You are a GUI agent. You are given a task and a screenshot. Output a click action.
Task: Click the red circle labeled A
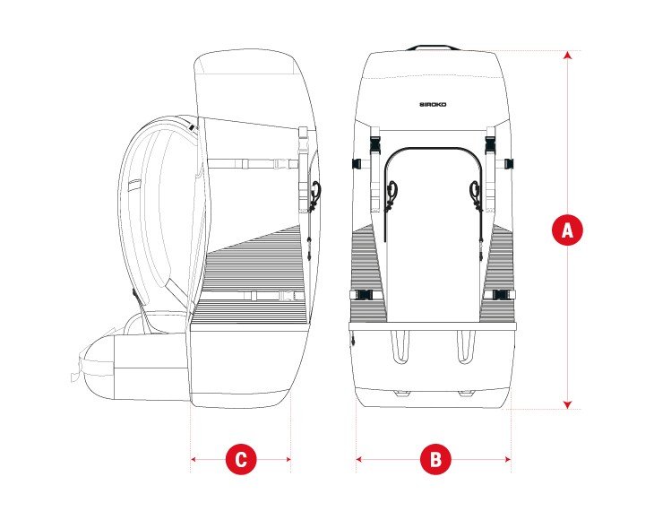pos(566,230)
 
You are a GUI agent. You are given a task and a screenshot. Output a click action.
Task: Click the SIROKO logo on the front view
pos(434,104)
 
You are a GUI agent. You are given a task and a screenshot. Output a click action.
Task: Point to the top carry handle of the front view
pos(434,47)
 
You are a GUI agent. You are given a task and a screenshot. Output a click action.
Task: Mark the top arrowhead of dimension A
pos(566,56)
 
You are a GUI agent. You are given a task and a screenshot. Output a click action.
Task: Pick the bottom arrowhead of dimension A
pos(566,404)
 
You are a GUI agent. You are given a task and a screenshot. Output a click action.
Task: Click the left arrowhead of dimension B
pos(359,459)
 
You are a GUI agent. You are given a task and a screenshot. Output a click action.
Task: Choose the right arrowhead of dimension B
pos(508,459)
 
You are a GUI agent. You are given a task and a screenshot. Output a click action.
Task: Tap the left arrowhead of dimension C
pos(194,459)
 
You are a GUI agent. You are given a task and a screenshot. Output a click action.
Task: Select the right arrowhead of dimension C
pos(288,459)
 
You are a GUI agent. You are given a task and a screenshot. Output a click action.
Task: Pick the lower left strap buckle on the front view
pos(366,295)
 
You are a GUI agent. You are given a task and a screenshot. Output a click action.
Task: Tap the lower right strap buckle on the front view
pos(502,295)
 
